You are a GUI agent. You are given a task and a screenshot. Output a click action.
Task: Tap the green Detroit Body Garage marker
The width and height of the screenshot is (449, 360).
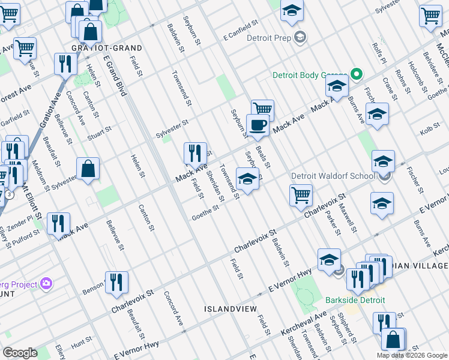tap(357, 75)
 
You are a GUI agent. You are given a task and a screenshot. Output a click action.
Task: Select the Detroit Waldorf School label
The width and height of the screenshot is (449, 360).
tap(333, 176)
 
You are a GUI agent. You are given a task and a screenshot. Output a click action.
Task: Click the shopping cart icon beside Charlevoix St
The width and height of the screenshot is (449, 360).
tap(300, 194)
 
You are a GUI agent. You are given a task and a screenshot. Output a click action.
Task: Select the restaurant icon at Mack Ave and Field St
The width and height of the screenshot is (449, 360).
tap(194, 154)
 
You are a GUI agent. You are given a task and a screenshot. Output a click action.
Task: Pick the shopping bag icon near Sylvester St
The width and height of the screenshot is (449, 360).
tap(88, 169)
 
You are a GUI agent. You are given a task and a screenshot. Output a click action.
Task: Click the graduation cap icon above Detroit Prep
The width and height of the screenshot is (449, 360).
tap(292, 11)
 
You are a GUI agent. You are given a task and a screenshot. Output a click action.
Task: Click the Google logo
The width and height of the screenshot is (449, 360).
tap(20, 352)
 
